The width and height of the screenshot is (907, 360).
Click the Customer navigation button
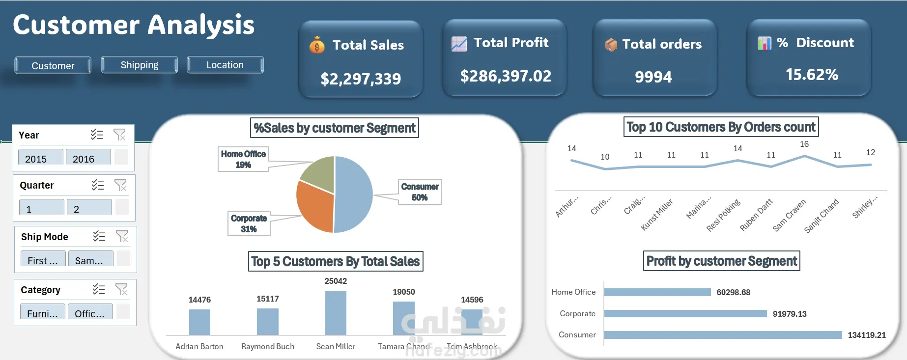pyautogui.click(x=53, y=65)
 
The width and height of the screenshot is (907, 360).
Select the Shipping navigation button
pyautogui.click(x=139, y=65)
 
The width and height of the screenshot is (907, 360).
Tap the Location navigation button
pyautogui.click(x=225, y=65)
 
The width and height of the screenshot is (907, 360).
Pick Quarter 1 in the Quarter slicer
pyautogui.click(x=41, y=209)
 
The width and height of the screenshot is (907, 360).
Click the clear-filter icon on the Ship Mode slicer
pyautogui.click(x=122, y=237)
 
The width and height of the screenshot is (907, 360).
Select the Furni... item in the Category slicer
pyautogui.click(x=42, y=313)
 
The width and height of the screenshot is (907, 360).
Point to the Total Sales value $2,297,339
pyautogui.click(x=361, y=79)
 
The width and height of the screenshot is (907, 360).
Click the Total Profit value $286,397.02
pyautogui.click(x=506, y=76)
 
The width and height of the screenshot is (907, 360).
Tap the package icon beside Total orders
pyautogui.click(x=611, y=45)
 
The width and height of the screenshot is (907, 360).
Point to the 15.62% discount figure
pyautogui.click(x=812, y=75)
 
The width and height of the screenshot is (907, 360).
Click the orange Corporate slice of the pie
pyautogui.click(x=314, y=206)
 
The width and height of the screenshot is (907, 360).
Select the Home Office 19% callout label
pyautogui.click(x=243, y=159)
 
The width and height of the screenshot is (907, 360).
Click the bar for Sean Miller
pyautogui.click(x=336, y=313)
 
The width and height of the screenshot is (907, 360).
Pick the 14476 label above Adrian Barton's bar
pyautogui.click(x=199, y=300)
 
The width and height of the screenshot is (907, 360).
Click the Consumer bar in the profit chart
pyautogui.click(x=722, y=335)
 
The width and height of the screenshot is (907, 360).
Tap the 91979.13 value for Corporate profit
pyautogui.click(x=789, y=314)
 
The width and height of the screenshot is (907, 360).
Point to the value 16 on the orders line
pyautogui.click(x=804, y=144)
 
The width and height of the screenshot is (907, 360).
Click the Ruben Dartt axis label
pyautogui.click(x=756, y=215)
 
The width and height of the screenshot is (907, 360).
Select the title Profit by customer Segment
pyautogui.click(x=721, y=261)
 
